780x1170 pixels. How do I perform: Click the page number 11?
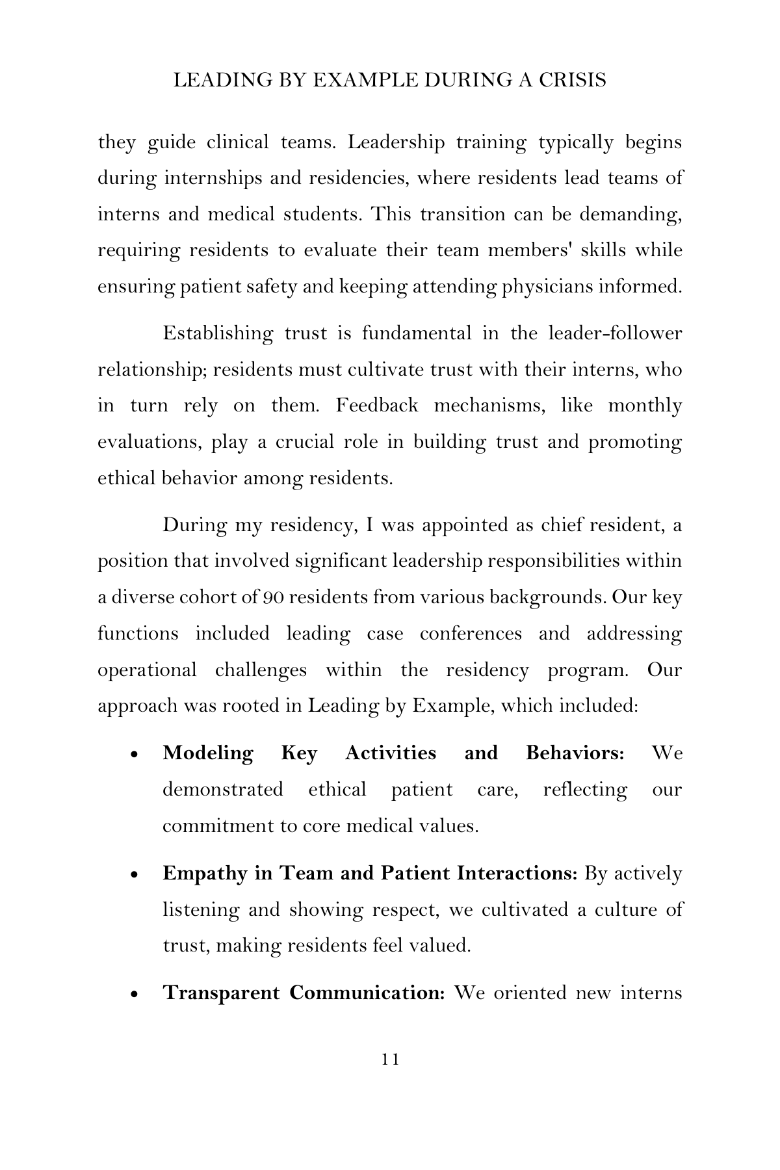tap(390, 1059)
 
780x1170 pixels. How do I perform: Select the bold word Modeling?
tap(208, 753)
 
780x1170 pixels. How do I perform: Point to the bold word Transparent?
tap(221, 993)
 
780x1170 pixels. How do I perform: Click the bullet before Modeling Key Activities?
tap(135, 755)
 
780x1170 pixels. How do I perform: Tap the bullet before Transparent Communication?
tap(135, 995)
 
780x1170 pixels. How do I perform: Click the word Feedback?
tap(377, 406)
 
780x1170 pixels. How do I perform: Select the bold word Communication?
tap(367, 993)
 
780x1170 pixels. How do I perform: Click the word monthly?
tap(645, 406)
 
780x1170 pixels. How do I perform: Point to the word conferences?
tap(470, 633)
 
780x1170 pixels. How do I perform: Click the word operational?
tap(147, 669)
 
